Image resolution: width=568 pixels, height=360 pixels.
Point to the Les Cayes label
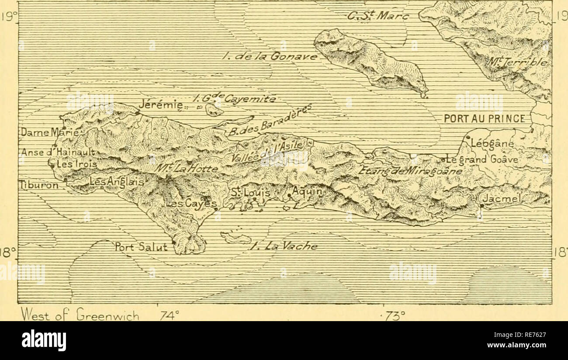click(192, 204)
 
